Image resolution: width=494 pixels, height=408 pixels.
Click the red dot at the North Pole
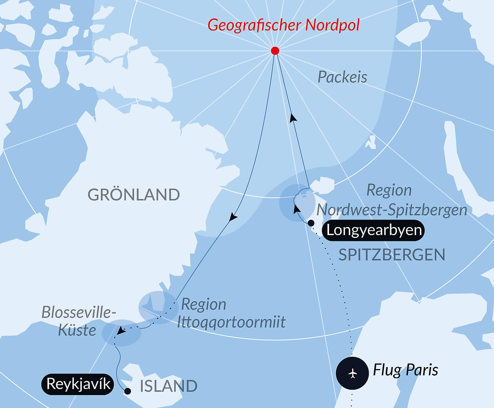tap(275, 51)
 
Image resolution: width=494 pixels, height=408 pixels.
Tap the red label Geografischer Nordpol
tap(283, 25)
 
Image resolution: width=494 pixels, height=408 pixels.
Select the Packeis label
tap(342, 77)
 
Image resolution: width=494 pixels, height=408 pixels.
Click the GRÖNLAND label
tap(134, 195)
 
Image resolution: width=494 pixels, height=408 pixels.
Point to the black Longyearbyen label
tap(374, 230)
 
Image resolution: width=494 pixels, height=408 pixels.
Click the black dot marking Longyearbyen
tap(311, 223)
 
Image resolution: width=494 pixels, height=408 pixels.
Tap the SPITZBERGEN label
tap(392, 255)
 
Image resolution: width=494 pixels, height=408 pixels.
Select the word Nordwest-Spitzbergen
tap(392, 210)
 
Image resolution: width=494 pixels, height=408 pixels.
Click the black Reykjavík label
tap(78, 384)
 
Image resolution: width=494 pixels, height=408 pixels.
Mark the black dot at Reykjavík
tap(128, 391)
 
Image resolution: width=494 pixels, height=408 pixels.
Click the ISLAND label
tap(168, 386)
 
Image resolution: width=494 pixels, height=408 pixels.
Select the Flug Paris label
tap(405, 370)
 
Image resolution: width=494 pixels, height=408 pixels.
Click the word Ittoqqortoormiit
tap(231, 322)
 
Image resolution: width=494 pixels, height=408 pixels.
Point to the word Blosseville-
tap(79, 312)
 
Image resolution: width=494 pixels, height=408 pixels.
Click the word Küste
tap(77, 330)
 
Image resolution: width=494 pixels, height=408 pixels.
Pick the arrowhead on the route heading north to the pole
tap(293, 118)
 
